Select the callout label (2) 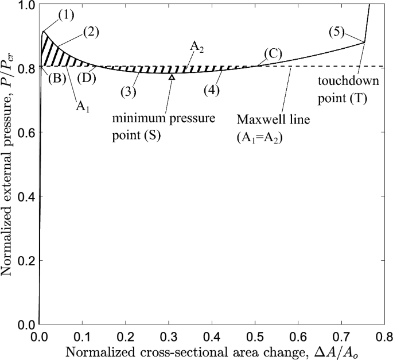tap(90, 31)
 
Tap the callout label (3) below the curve tap(129, 90)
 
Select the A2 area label tap(197, 49)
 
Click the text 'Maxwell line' tap(266, 121)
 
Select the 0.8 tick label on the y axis tap(26, 68)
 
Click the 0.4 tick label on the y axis tap(26, 196)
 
